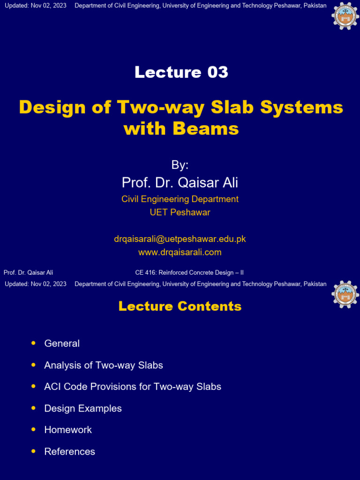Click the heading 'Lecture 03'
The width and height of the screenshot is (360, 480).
[181, 72]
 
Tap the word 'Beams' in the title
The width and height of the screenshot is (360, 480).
[206, 128]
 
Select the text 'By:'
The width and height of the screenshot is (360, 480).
[180, 165]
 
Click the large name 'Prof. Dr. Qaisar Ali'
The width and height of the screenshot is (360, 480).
[180, 182]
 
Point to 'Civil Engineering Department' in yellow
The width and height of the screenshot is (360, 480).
[180, 199]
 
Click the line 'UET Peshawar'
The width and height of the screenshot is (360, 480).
[180, 212]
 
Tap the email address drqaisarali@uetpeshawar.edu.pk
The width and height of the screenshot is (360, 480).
[180, 239]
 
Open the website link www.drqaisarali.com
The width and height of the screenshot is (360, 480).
[180, 252]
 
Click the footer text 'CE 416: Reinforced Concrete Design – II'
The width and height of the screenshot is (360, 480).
[189, 272]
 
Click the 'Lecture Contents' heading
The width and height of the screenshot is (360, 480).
[180, 307]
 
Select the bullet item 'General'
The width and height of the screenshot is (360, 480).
[62, 344]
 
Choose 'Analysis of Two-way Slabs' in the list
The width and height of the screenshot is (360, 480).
[104, 365]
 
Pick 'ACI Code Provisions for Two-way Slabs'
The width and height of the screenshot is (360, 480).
[133, 387]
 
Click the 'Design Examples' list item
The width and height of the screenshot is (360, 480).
[83, 408]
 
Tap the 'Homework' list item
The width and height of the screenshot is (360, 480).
[68, 430]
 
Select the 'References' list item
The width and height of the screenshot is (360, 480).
[70, 451]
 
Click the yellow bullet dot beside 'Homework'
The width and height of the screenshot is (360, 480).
[33, 429]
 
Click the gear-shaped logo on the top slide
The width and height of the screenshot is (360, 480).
[345, 16]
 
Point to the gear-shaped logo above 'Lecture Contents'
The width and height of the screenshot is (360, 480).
[345, 294]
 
